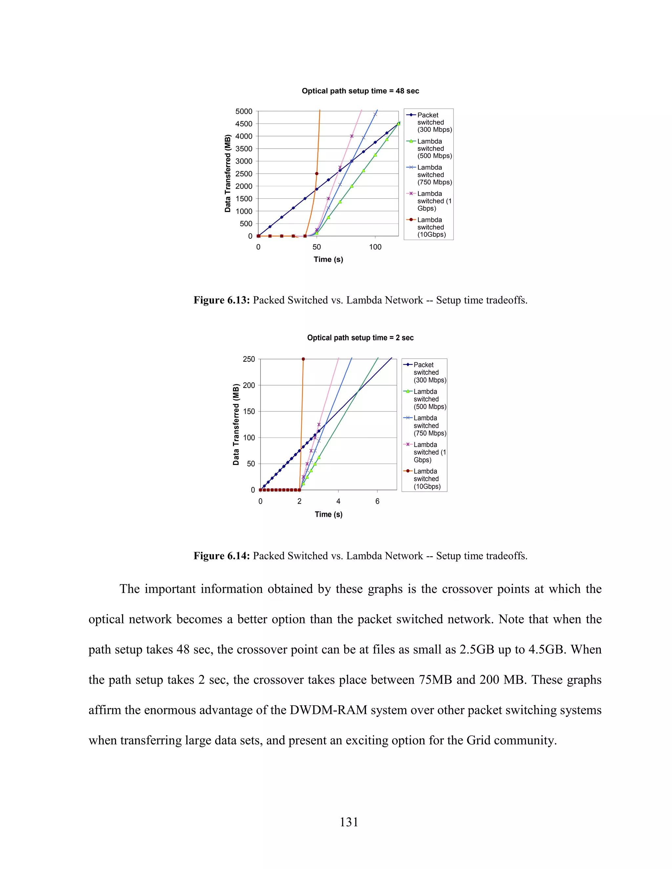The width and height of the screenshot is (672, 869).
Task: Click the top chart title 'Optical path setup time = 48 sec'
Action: point(360,91)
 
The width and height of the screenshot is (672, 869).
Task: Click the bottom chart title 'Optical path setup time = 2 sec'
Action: point(360,337)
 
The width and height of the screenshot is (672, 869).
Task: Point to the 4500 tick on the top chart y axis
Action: point(244,124)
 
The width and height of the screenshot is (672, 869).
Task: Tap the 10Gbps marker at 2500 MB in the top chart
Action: point(317,173)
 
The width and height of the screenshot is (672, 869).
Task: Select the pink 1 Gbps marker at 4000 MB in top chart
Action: point(351,136)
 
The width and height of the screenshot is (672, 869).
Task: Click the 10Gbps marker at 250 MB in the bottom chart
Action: point(304,359)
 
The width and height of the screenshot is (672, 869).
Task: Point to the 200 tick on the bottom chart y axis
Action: point(249,385)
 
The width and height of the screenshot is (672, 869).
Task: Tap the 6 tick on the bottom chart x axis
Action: point(377,501)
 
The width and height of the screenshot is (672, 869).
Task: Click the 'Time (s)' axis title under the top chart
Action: point(328,259)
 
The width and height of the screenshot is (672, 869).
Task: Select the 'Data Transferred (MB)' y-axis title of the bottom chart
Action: point(236,425)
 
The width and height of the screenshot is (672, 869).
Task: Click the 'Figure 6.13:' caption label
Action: point(221,300)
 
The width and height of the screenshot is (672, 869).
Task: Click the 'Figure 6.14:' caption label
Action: point(221,556)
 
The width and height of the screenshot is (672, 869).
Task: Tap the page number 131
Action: point(349,822)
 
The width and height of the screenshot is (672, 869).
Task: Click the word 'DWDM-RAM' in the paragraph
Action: point(328,710)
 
